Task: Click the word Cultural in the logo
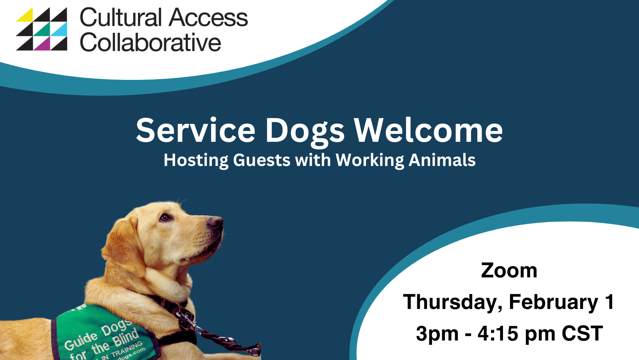pyautogui.click(x=120, y=18)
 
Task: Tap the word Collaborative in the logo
pyautogui.click(x=150, y=42)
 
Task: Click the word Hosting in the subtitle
pyautogui.click(x=196, y=161)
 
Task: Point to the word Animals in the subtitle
pyautogui.click(x=442, y=160)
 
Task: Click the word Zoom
pyautogui.click(x=509, y=270)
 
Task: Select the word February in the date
pyautogui.click(x=553, y=302)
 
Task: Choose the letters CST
pyautogui.click(x=582, y=334)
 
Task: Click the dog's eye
pyautogui.click(x=165, y=217)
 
